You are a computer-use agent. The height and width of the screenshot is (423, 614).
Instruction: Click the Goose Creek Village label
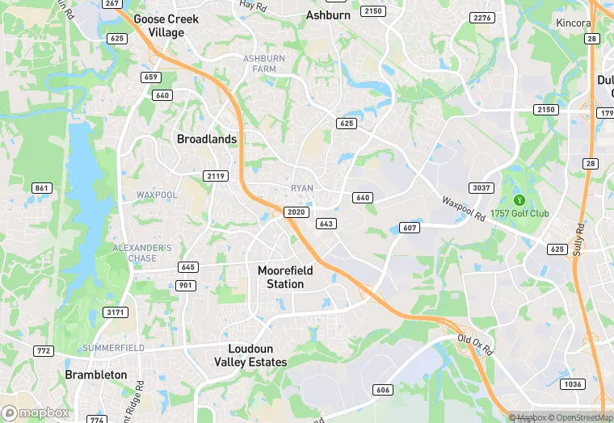click(159, 25)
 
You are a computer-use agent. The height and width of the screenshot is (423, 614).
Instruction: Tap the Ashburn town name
click(328, 15)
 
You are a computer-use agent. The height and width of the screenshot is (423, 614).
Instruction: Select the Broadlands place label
click(207, 139)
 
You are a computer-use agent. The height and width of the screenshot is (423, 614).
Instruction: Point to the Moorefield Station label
click(285, 277)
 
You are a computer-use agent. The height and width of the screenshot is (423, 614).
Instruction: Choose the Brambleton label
click(96, 375)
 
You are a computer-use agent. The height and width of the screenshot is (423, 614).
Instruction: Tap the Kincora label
click(574, 23)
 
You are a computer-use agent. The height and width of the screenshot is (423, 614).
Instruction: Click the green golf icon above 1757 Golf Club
click(519, 200)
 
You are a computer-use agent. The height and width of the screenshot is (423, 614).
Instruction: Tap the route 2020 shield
click(296, 211)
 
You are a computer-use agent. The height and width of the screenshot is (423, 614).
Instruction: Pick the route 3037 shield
click(482, 188)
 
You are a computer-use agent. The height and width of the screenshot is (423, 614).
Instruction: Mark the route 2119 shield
click(216, 176)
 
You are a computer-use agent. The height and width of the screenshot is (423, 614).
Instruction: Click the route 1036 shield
click(573, 384)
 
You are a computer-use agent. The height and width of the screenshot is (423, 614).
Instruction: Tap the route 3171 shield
click(116, 312)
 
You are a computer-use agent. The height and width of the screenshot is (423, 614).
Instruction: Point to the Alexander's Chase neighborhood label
click(142, 253)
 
